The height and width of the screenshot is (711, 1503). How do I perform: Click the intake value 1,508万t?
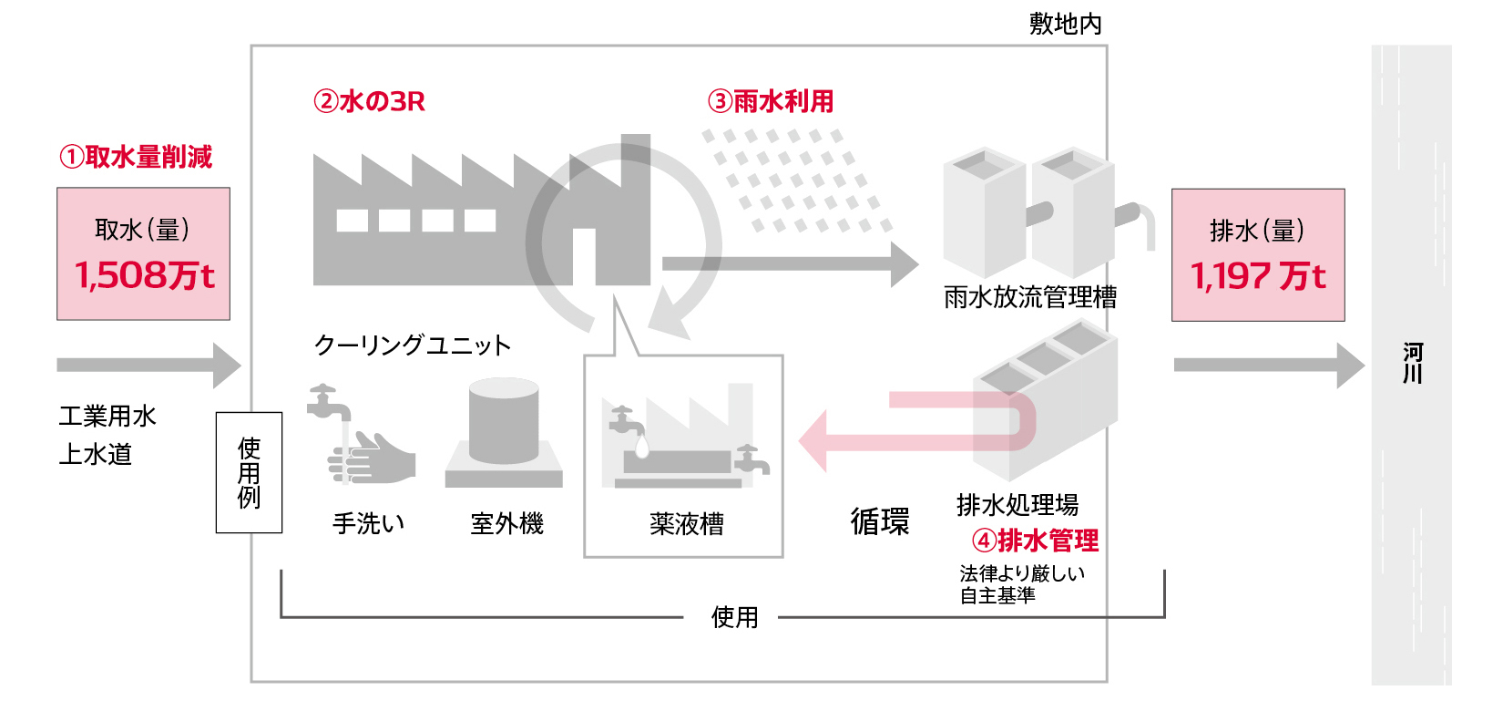click(x=144, y=275)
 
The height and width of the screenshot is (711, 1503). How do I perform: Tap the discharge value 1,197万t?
click(x=1258, y=275)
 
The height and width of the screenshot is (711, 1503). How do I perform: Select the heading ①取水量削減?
click(x=136, y=157)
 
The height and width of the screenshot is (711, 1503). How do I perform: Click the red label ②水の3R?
click(x=369, y=101)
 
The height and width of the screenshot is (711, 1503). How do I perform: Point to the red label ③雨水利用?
click(x=771, y=101)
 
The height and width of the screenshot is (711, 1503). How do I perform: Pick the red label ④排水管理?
click(x=1036, y=541)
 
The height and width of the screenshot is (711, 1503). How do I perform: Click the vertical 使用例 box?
click(x=249, y=472)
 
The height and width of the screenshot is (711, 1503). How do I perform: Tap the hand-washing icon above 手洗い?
click(x=360, y=438)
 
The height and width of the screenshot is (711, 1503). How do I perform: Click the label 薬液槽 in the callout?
click(x=687, y=523)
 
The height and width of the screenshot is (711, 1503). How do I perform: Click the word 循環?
click(x=879, y=521)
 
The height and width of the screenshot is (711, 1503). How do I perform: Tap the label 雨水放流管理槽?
click(x=1029, y=297)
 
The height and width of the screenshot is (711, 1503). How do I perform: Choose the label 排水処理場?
click(x=1017, y=504)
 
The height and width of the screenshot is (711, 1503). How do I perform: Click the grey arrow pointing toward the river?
click(x=1266, y=366)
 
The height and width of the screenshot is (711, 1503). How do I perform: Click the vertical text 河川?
click(x=1412, y=363)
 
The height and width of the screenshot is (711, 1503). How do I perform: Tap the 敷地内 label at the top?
click(x=1065, y=24)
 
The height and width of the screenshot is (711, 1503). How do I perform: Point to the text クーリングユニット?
click(x=412, y=345)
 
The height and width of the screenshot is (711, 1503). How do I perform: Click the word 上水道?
click(x=96, y=454)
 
